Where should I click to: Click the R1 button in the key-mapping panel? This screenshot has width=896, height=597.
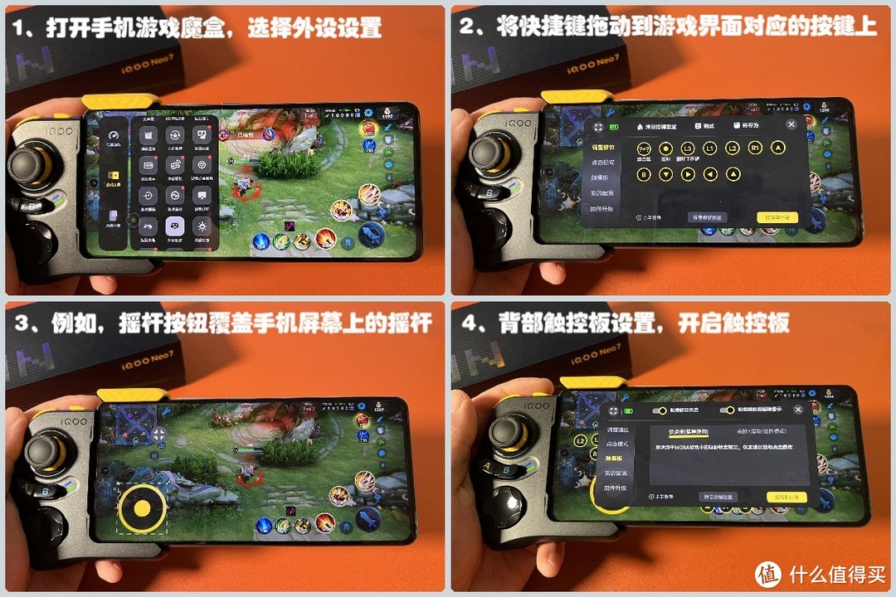click(x=755, y=148)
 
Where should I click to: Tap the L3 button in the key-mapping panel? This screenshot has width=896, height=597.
click(x=688, y=148)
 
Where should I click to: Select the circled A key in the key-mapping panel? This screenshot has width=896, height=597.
click(x=777, y=148)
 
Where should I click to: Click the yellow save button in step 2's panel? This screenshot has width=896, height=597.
click(x=777, y=217)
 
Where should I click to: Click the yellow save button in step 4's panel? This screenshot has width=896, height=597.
click(x=786, y=498)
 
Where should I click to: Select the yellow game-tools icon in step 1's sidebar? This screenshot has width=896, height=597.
click(x=114, y=176)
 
